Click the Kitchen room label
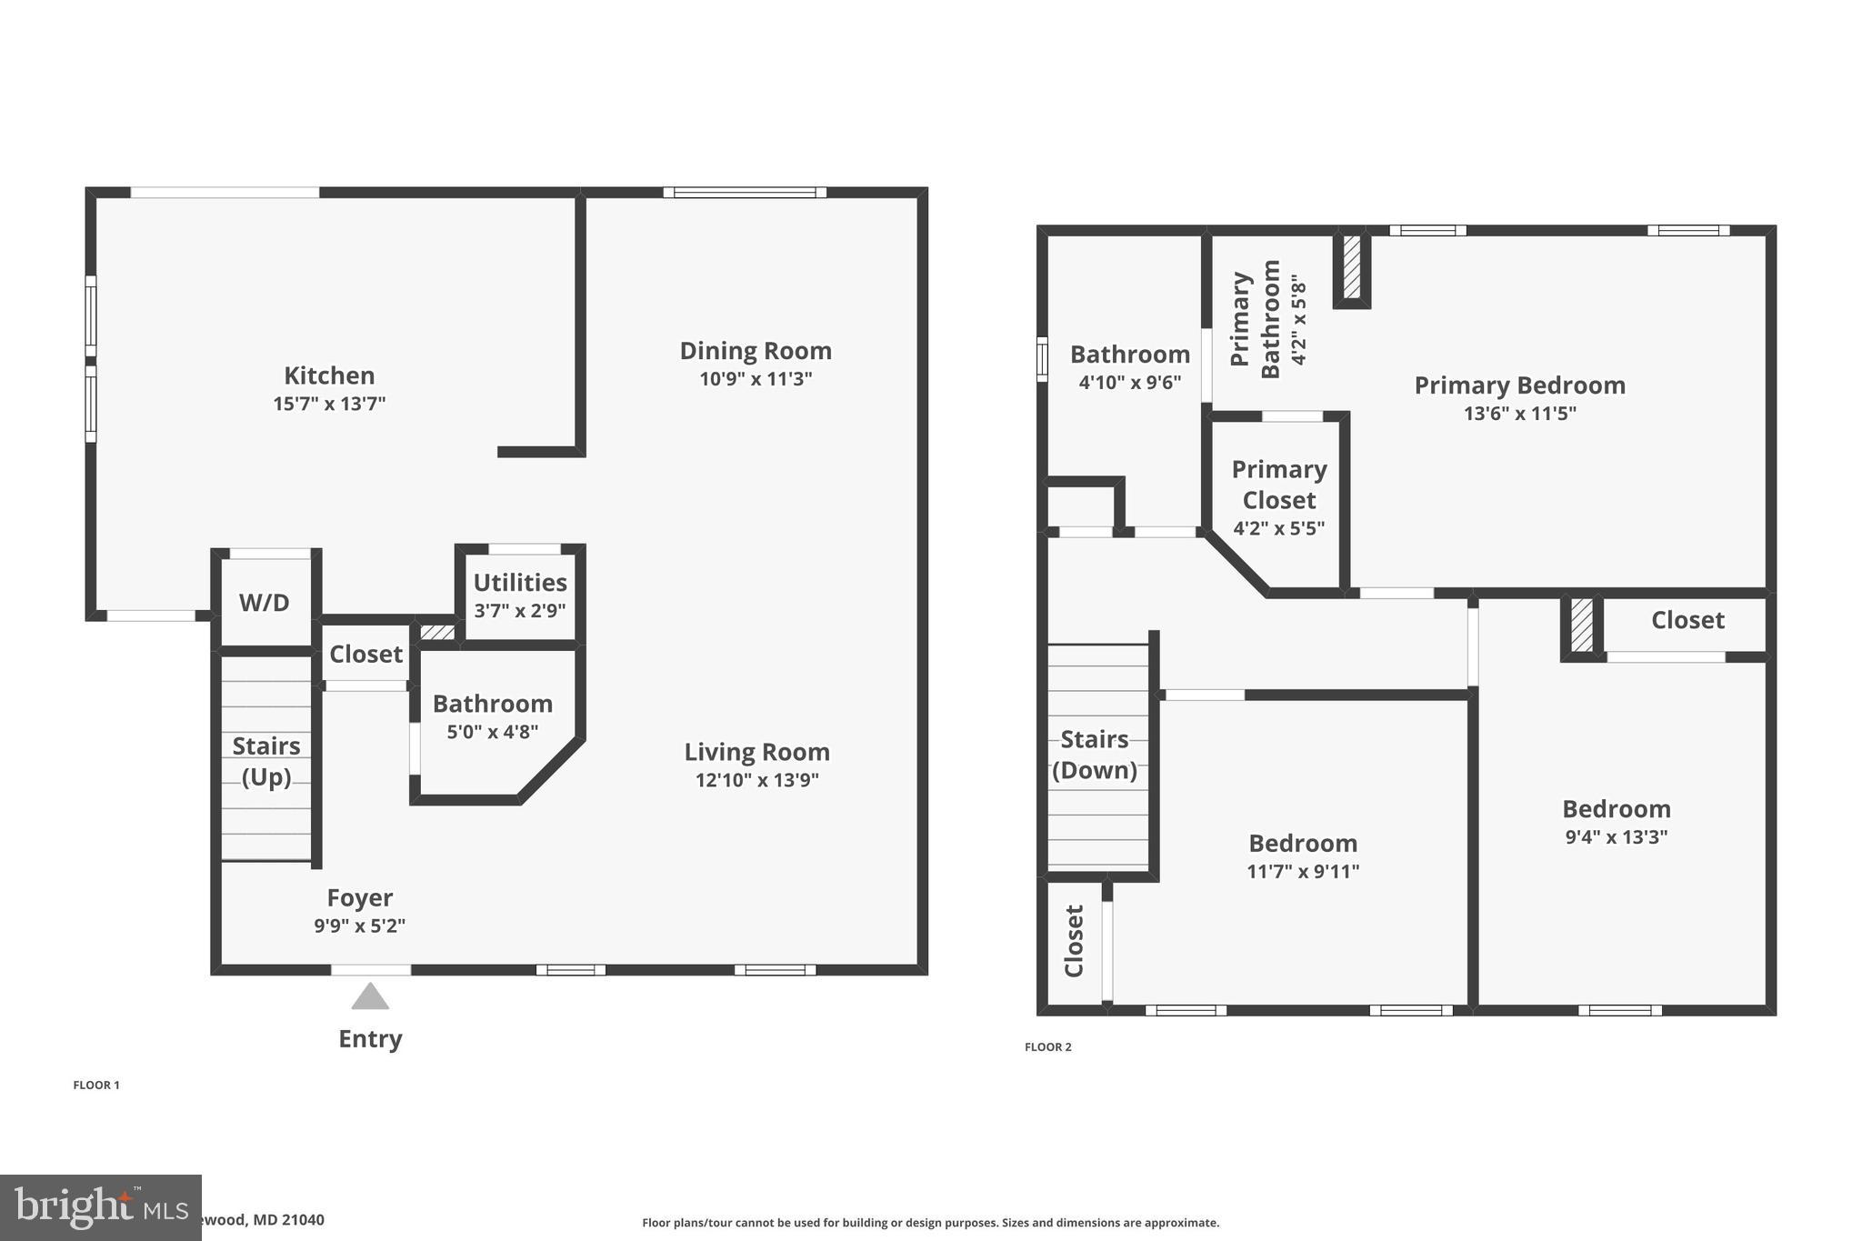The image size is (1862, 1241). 329,375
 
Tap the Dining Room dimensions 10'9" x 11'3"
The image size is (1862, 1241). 756,379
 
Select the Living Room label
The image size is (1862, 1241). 756,752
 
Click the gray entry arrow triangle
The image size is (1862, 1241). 370,997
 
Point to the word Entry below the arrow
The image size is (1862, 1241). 370,1038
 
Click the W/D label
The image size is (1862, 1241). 265,602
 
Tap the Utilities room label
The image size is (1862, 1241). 520,583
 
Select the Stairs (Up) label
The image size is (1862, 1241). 266,761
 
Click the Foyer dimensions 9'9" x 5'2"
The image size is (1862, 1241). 359,926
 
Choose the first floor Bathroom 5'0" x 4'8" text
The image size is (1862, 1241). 492,731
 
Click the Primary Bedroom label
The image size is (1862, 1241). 1519,385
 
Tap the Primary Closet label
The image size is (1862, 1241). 1278,485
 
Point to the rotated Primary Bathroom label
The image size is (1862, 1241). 1256,319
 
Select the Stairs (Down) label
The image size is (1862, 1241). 1095,755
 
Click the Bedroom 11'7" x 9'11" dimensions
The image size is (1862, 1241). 1303,871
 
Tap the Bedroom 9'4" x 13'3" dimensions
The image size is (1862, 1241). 1616,836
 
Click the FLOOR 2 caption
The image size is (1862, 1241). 1047,1047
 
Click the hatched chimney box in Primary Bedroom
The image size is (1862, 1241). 1352,267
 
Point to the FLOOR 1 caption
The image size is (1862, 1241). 96,1085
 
